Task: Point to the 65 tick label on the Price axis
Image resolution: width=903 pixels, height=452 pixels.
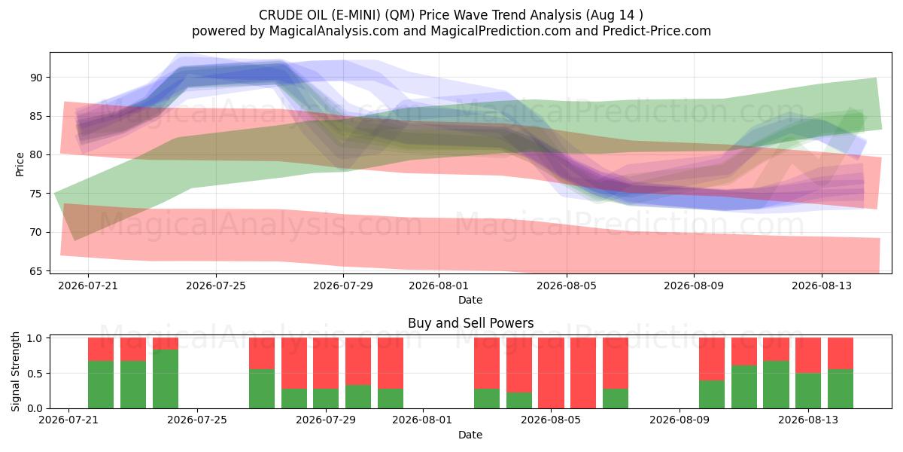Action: click(36, 271)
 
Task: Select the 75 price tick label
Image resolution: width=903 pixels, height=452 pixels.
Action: click(36, 194)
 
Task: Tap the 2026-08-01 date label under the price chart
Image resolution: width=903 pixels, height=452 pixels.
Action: click(439, 286)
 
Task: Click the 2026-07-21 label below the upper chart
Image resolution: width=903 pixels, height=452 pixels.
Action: click(88, 286)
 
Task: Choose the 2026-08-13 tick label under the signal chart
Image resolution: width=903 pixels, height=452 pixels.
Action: click(808, 420)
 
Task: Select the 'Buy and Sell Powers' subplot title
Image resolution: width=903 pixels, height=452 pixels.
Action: click(470, 323)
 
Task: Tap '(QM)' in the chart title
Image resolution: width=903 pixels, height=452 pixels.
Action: click(400, 15)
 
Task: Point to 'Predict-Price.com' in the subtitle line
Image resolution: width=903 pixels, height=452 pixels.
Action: click(657, 31)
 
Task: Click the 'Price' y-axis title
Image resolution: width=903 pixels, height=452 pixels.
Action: click(20, 164)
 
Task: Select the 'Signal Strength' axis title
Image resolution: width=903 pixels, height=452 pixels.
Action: click(15, 371)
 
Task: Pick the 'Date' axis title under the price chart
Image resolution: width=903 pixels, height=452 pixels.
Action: click(470, 300)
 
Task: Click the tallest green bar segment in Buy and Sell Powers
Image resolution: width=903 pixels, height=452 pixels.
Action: click(166, 379)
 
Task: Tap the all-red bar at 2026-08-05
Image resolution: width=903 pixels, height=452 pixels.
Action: click(551, 373)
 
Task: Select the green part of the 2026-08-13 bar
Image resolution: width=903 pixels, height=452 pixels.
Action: click(808, 391)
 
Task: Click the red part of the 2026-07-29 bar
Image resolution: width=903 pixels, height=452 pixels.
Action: click(326, 363)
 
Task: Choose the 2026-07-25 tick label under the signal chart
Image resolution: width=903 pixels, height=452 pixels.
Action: click(197, 420)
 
